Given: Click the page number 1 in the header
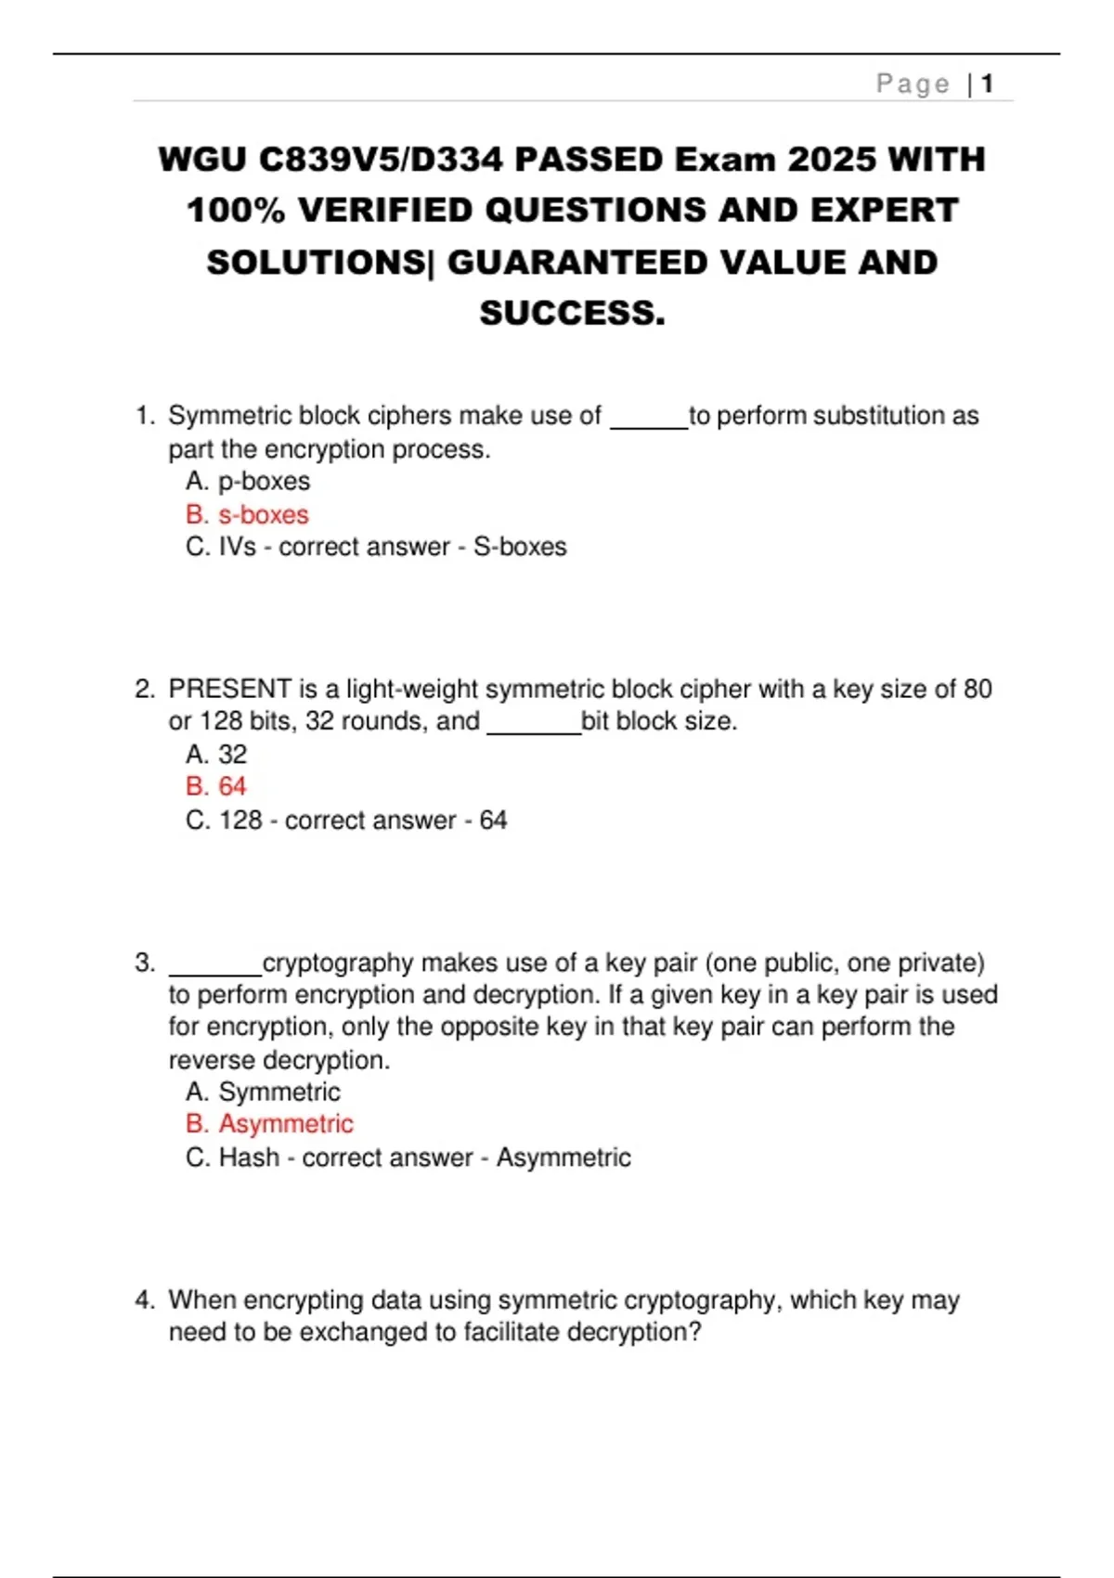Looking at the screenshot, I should click(988, 84).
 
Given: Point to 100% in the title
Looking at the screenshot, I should click(237, 211).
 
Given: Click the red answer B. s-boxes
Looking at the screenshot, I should click(247, 514).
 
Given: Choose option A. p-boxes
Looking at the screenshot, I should click(248, 481).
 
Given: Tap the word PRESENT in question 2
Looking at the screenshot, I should click(230, 689).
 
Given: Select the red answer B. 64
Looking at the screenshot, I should click(216, 786).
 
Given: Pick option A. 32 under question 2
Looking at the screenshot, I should click(216, 754).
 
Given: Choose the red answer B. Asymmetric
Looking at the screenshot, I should click(269, 1124).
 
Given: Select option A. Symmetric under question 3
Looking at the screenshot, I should click(263, 1092).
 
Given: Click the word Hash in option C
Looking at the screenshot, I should click(249, 1158).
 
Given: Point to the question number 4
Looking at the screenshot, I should click(144, 1300).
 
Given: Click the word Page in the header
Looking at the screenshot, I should click(913, 84).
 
